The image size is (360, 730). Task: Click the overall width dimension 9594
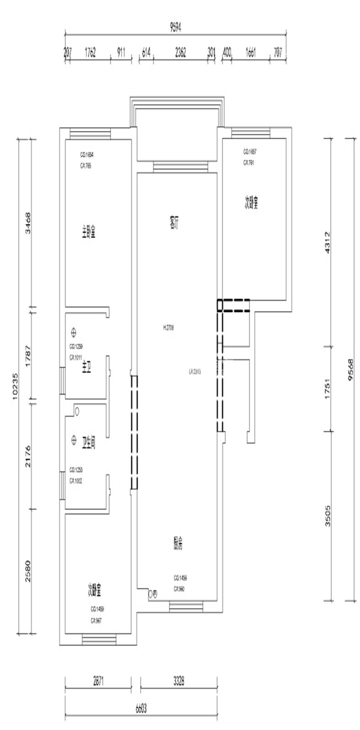point(176,28)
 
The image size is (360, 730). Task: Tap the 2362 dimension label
point(180,54)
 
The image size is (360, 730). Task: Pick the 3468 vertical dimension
point(28,223)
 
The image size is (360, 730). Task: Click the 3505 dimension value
point(327,515)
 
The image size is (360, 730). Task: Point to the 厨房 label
point(178,545)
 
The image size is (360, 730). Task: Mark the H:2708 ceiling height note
point(168,328)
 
